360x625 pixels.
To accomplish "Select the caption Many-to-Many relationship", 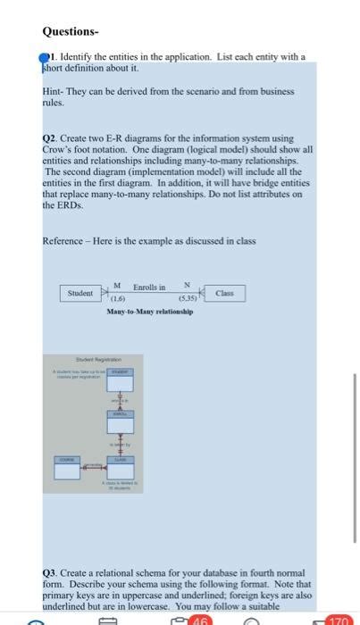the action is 150,312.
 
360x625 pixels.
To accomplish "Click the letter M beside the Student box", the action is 117,286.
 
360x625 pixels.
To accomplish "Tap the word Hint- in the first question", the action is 53,91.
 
